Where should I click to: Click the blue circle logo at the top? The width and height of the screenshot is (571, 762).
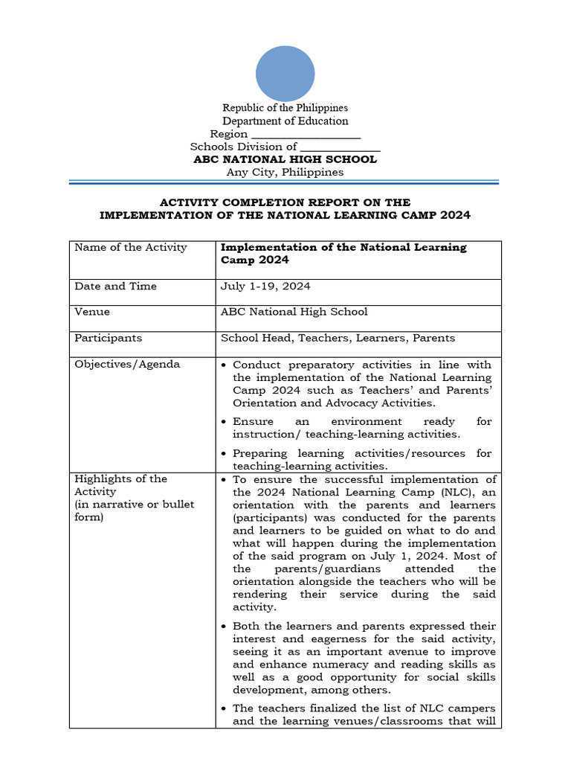(285, 74)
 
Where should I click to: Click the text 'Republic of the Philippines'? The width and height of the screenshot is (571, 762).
(285, 108)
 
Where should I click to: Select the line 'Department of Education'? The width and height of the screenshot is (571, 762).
(285, 121)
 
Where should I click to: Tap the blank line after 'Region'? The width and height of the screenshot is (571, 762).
(306, 135)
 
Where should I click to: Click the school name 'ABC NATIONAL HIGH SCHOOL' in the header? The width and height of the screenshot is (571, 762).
(285, 159)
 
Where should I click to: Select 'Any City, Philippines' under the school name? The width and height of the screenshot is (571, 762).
(285, 172)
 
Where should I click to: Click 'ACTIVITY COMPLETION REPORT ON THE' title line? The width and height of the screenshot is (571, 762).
(285, 202)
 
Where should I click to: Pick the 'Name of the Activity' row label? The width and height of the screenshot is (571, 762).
(131, 247)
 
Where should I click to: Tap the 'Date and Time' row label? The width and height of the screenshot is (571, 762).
(115, 286)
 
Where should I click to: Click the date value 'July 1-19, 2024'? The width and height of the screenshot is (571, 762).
(265, 286)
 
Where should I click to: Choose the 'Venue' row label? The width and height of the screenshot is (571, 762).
(92, 312)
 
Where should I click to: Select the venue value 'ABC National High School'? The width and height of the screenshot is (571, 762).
(294, 312)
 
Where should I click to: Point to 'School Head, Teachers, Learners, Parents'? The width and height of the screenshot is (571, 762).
(338, 338)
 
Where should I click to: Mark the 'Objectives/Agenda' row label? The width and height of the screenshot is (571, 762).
(127, 364)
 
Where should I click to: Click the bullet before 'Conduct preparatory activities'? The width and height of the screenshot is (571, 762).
(225, 365)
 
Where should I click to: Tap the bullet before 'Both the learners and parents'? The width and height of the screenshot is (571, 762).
(225, 627)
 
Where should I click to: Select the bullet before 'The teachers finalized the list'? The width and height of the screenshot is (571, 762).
(225, 708)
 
